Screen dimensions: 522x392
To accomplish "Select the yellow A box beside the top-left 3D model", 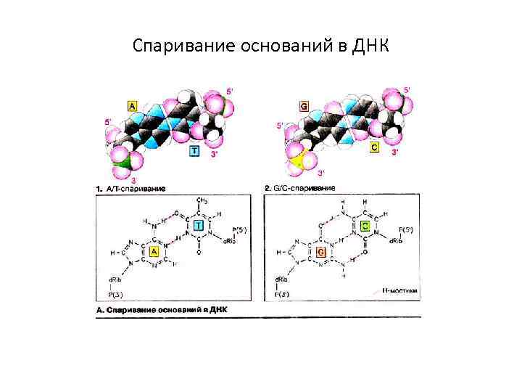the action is [x=133, y=106].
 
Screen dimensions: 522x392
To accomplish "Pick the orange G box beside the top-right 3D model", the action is [x=304, y=106].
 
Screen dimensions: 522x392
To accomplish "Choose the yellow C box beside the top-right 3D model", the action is [x=374, y=147].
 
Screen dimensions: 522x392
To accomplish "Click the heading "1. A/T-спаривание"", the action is [x=131, y=189].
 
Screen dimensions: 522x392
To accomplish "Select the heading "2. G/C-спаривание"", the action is [x=300, y=189].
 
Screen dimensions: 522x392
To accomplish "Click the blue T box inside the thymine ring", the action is [x=198, y=227].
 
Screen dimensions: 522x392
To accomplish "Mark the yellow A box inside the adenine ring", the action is [x=154, y=253].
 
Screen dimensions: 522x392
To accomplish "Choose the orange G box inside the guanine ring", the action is [x=320, y=252].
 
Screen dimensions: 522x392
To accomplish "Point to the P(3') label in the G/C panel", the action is [x=282, y=294].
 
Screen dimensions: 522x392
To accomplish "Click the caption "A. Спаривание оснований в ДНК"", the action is [x=162, y=309].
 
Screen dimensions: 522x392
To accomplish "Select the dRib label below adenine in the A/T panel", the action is [x=114, y=279].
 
